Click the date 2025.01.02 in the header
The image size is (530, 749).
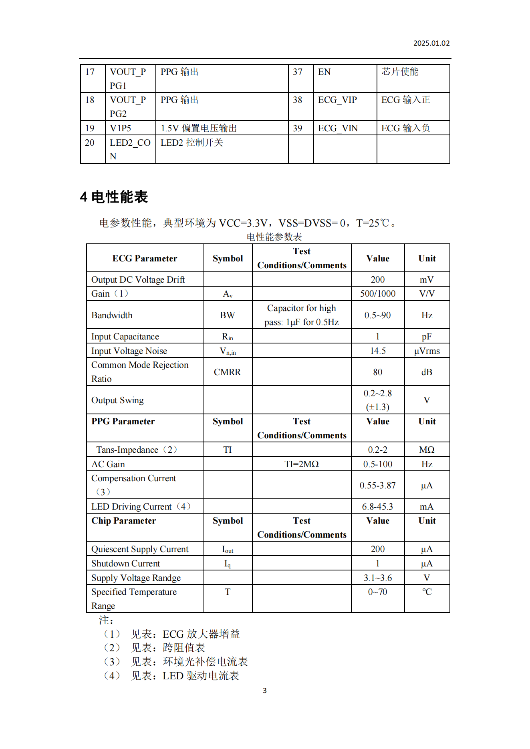tap(431, 43)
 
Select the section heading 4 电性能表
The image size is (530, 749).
tap(114, 197)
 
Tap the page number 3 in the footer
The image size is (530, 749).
tap(264, 690)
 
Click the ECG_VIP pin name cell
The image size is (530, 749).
tap(337, 100)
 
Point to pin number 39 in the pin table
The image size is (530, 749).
tap(297, 128)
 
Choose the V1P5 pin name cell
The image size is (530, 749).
tap(121, 128)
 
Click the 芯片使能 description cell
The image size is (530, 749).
tap(400, 72)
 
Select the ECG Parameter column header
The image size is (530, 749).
tap(145, 259)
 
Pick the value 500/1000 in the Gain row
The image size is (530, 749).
tap(377, 294)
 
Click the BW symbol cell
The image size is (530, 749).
tap(227, 315)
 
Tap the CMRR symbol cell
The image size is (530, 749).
tap(227, 372)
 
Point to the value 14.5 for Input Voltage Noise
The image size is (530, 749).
tap(377, 351)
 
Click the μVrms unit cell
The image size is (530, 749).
tap(427, 351)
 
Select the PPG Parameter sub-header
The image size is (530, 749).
tap(123, 422)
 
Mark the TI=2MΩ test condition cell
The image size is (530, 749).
tap(301, 464)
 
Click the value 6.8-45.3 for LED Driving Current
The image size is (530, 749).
tap(377, 507)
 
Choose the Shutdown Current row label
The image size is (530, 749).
tap(125, 564)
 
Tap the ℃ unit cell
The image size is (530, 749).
tap(427, 592)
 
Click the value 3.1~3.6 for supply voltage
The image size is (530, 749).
tap(377, 578)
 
